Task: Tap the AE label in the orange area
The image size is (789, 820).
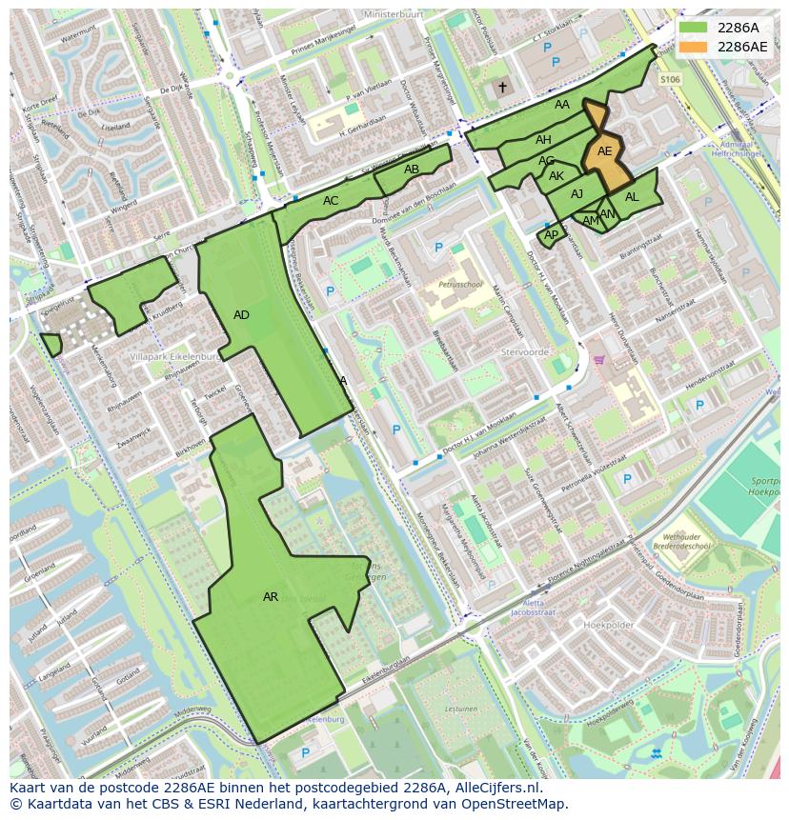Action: pos(604,151)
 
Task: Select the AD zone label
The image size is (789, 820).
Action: pos(241,315)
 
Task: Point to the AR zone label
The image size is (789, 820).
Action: pos(271,597)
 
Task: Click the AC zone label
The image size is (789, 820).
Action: pos(331,201)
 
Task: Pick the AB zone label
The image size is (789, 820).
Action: pos(412,170)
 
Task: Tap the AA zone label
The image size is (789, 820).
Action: pos(562,105)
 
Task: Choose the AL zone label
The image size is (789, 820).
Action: pos(632,197)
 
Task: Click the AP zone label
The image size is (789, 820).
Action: pos(551,234)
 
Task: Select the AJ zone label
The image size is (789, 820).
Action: pos(577,194)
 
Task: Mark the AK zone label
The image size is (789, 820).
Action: pos(556,176)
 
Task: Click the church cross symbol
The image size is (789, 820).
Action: pos(502,88)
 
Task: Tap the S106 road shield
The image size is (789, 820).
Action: pos(671,80)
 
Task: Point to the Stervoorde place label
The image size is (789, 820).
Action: pos(525,351)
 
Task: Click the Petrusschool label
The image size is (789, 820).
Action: pos(460,284)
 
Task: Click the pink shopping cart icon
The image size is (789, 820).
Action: pos(599,360)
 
